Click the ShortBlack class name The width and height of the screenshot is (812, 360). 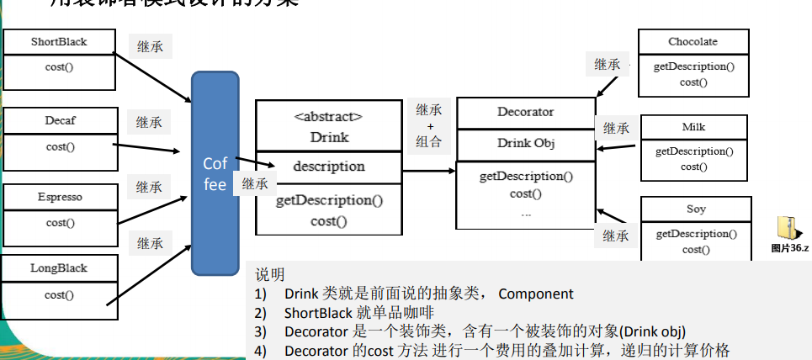tap(59, 42)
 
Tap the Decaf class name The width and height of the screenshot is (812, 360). tap(60, 120)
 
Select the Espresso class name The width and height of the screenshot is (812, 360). tap(60, 197)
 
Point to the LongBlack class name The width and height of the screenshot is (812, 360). tap(59, 268)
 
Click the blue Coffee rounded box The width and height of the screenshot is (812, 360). tap(215, 173)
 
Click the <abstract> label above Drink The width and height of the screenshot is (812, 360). tap(328, 117)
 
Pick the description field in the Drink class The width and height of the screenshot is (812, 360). tap(328, 166)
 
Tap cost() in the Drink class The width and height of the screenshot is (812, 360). tap(328, 221)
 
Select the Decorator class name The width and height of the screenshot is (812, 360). tap(525, 112)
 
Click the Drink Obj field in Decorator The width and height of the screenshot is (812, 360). tap(525, 143)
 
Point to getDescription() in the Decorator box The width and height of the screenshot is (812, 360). tap(526, 177)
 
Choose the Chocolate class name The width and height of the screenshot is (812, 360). tap(693, 41)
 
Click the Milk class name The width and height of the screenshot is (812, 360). tap(693, 127)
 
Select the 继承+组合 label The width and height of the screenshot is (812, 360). tap(429, 125)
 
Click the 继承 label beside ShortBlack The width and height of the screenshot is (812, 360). tap(150, 46)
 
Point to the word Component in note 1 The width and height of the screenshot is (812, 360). tap(535, 294)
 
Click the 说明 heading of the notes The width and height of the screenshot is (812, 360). tap(269, 275)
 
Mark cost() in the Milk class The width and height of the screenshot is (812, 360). tap(694, 167)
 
